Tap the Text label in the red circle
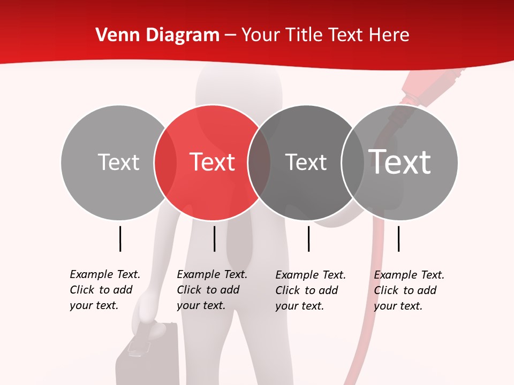pyautogui.click(x=213, y=162)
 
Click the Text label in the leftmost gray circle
pyautogui.click(x=118, y=162)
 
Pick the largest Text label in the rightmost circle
pyautogui.click(x=400, y=161)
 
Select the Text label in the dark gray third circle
pyautogui.click(x=306, y=162)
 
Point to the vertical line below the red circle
pyautogui.click(x=214, y=238)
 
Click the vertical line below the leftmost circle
pyautogui.click(x=120, y=238)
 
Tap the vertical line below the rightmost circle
pyautogui.click(x=398, y=238)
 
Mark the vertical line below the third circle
pyautogui.click(x=308, y=238)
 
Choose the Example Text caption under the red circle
pyautogui.click(x=212, y=290)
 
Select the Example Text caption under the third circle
pyautogui.click(x=311, y=290)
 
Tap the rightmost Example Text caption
pyautogui.click(x=409, y=290)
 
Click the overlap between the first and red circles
pyautogui.click(x=165, y=162)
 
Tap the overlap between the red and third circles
pyautogui.click(x=259, y=162)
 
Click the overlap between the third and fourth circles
pyautogui.click(x=353, y=162)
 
